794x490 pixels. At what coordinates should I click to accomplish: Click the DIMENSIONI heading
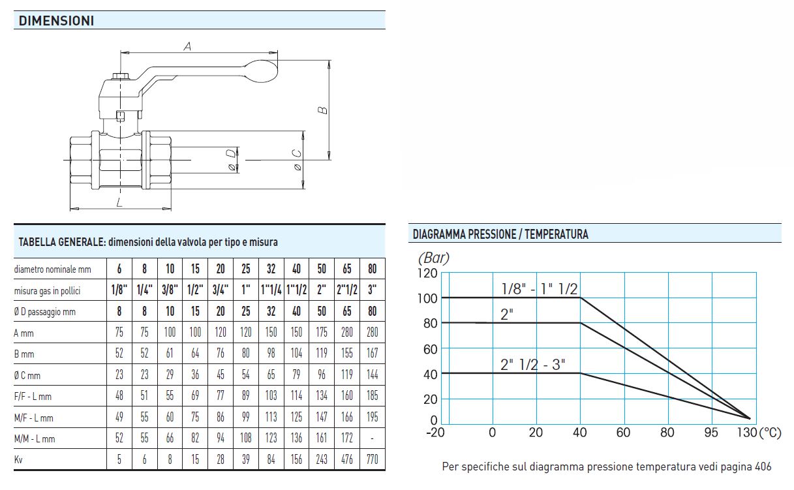click(x=56, y=21)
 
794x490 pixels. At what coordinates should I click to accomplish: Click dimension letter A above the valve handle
click(x=187, y=46)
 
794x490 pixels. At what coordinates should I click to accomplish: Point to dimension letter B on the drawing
click(x=322, y=110)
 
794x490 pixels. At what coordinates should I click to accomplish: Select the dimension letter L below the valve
click(x=119, y=202)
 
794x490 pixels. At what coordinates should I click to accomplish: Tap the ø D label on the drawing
click(x=232, y=161)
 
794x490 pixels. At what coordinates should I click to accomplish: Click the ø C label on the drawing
click(x=297, y=160)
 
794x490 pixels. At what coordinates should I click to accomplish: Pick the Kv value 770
click(x=372, y=460)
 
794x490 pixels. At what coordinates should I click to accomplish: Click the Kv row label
click(x=18, y=460)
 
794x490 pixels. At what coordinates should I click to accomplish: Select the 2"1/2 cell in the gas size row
click(x=347, y=290)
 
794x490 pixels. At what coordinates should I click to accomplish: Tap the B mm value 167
click(x=372, y=353)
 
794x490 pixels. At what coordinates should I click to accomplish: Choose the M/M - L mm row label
click(x=35, y=439)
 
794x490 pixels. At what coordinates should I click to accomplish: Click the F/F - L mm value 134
click(x=322, y=395)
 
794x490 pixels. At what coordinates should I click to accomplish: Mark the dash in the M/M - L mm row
click(x=372, y=439)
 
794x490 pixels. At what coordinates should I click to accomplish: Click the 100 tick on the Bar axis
click(x=427, y=299)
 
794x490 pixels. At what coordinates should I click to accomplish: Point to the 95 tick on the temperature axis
click(x=711, y=433)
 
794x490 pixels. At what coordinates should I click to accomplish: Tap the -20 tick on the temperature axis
click(x=435, y=433)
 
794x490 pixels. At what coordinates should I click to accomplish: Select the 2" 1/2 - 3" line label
click(x=532, y=365)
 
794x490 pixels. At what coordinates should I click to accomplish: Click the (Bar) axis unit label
click(x=433, y=258)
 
